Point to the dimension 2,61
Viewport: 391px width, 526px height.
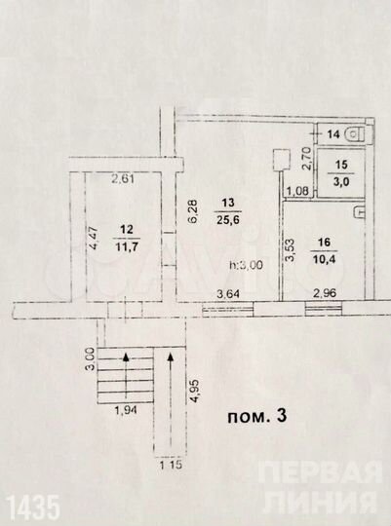[x=123, y=179]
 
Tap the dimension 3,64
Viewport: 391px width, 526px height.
[x=226, y=293]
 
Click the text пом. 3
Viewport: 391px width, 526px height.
[x=256, y=416]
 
